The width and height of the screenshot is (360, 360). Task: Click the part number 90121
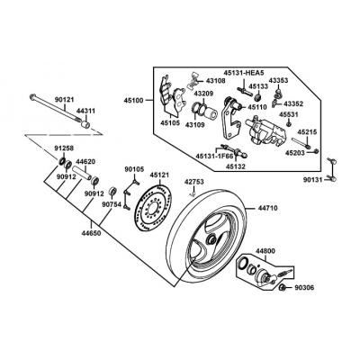pyautogui.click(x=64, y=100)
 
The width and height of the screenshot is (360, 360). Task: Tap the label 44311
pyautogui.click(x=85, y=112)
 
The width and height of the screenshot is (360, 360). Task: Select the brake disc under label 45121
pyautogui.click(x=153, y=208)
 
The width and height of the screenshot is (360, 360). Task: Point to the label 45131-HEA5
pyautogui.click(x=243, y=72)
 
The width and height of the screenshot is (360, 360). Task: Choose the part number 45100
pyautogui.click(x=134, y=101)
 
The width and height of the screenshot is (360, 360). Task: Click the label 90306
pyautogui.click(x=304, y=288)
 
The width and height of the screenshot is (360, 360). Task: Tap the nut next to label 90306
pyautogui.click(x=283, y=288)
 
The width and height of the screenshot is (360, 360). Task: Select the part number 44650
pyautogui.click(x=91, y=233)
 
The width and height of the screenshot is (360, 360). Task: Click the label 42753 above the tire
pyautogui.click(x=194, y=182)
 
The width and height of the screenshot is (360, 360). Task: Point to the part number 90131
pyautogui.click(x=313, y=180)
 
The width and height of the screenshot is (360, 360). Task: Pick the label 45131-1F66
pyautogui.click(x=214, y=157)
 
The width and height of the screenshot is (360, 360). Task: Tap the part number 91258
pyautogui.click(x=64, y=148)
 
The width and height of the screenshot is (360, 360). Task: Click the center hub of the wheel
pyautogui.click(x=211, y=239)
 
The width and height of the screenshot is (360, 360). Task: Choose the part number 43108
pyautogui.click(x=216, y=81)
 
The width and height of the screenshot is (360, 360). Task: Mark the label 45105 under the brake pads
pyautogui.click(x=170, y=122)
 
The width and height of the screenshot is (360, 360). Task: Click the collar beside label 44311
pyautogui.click(x=85, y=124)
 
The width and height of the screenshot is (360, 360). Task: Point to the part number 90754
pyautogui.click(x=112, y=204)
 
